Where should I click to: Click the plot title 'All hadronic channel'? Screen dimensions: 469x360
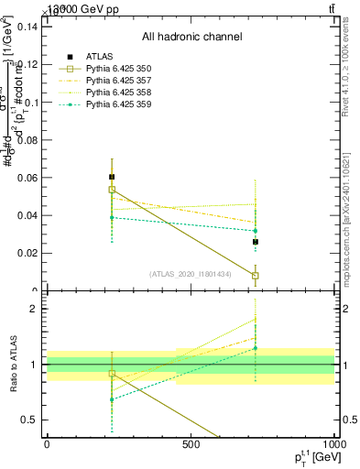191,38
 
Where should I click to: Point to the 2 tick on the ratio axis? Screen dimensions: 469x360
34,309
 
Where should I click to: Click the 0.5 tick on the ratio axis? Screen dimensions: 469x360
30,420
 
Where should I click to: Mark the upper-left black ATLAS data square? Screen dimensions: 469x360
112,177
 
